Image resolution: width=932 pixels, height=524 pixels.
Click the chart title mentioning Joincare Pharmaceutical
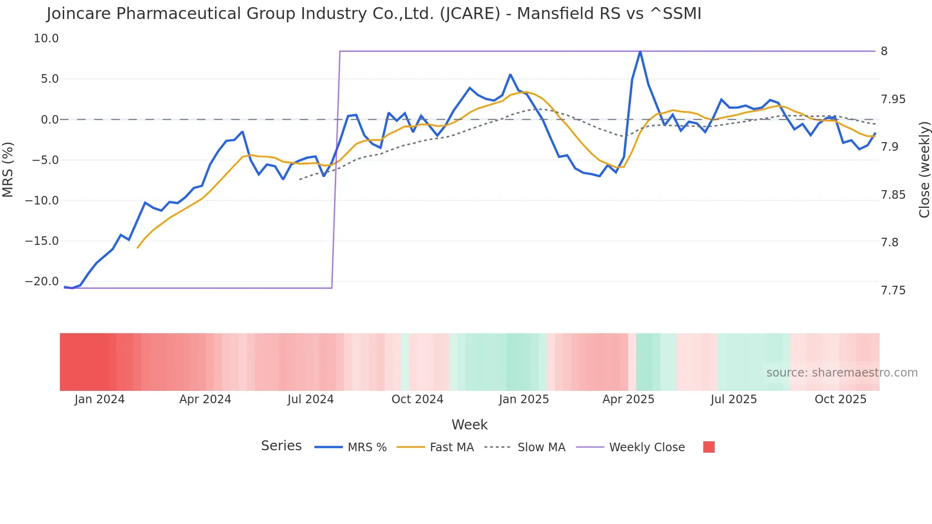tap(374, 14)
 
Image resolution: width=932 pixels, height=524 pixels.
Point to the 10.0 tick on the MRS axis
tap(46, 39)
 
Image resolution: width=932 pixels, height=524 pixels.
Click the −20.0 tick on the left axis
tap(42, 281)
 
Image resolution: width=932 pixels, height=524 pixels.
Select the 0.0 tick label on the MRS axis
tap(49, 120)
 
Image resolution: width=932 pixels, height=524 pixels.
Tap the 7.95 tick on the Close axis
tap(893, 99)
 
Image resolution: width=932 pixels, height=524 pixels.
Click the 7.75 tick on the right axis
tap(893, 291)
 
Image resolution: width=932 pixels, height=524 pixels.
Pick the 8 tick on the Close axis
tap(884, 51)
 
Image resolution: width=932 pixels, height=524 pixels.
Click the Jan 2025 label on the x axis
tap(524, 399)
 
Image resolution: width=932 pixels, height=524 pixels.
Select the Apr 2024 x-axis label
tap(205, 399)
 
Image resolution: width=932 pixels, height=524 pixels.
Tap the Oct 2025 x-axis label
tap(840, 399)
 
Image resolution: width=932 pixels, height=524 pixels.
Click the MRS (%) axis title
tap(8, 169)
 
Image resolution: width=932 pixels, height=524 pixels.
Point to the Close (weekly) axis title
tap(924, 169)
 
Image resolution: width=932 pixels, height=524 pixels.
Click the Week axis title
tap(469, 425)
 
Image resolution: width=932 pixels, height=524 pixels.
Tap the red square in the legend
tap(709, 447)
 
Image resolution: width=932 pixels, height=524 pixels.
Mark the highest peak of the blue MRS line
tap(640, 52)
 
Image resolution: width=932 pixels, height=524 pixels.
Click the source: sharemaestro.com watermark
tap(842, 373)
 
